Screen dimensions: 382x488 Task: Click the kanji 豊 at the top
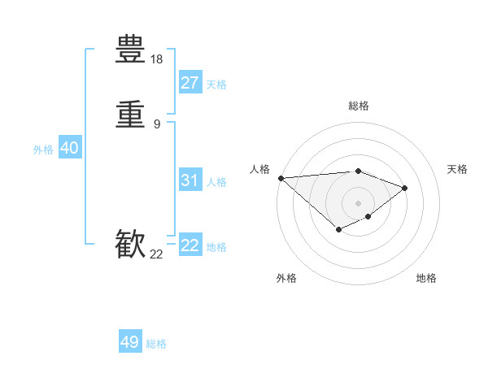coord(131,48)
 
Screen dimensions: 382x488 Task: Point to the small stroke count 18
coord(157,59)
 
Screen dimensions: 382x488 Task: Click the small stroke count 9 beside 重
coord(157,124)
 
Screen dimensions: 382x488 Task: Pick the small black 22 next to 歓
coord(157,254)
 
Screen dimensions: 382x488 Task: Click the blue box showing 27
coord(190,83)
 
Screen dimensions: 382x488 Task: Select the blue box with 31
coord(190,180)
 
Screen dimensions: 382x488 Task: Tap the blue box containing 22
coord(190,245)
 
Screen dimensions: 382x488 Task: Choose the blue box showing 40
coord(69,148)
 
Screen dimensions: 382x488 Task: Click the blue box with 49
coord(130,342)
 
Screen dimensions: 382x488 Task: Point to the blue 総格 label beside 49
coord(156,344)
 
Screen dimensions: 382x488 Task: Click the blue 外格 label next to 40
coord(43,150)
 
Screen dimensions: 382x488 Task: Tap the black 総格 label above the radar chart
coord(359,106)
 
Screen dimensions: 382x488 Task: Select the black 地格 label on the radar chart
coord(426,279)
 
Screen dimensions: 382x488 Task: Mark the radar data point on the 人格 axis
coord(281,177)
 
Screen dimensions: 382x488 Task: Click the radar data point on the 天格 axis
coord(404,188)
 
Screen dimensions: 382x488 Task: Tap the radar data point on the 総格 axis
coord(359,171)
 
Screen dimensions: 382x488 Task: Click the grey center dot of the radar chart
coord(359,202)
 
